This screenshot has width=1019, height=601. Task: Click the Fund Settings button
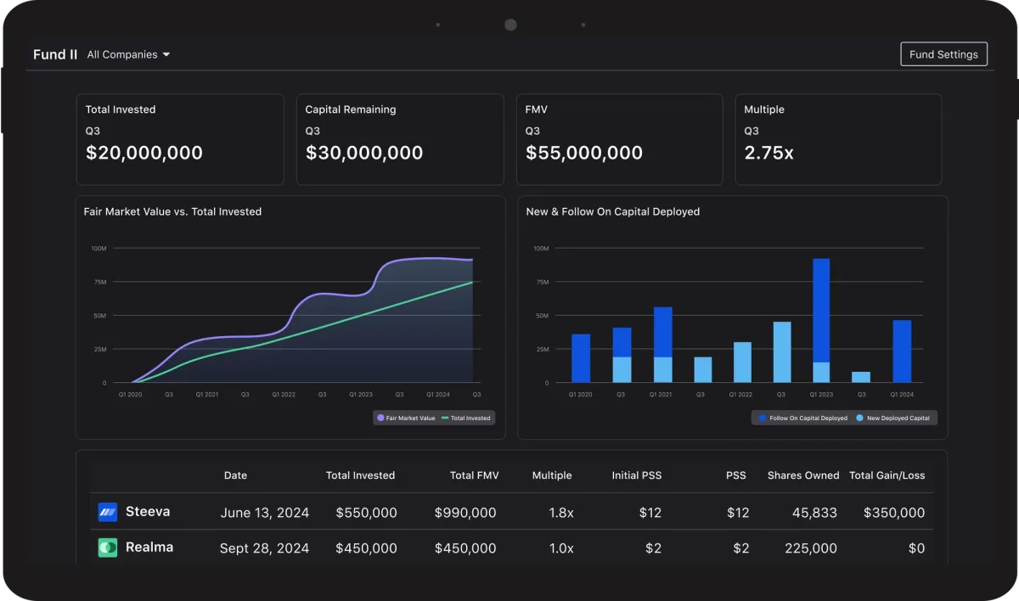943,54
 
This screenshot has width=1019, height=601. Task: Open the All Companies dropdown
128,54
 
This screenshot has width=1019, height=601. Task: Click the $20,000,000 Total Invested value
144,153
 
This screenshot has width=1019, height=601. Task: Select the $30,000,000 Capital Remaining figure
364,153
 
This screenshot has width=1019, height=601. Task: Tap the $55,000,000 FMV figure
584,153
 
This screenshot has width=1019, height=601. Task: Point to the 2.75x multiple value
768,153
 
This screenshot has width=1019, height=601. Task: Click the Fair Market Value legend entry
406,418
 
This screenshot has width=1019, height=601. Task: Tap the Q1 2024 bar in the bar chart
902,351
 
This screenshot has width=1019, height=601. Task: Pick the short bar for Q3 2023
861,377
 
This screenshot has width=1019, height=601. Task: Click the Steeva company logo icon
108,512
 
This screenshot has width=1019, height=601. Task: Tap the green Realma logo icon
108,548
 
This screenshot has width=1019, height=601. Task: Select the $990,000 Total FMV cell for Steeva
465,513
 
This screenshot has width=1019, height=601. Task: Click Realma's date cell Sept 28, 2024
264,548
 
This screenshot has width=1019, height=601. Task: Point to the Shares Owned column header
803,475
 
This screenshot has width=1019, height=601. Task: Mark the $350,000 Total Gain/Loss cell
894,513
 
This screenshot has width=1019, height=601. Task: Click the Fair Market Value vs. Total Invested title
172,211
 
